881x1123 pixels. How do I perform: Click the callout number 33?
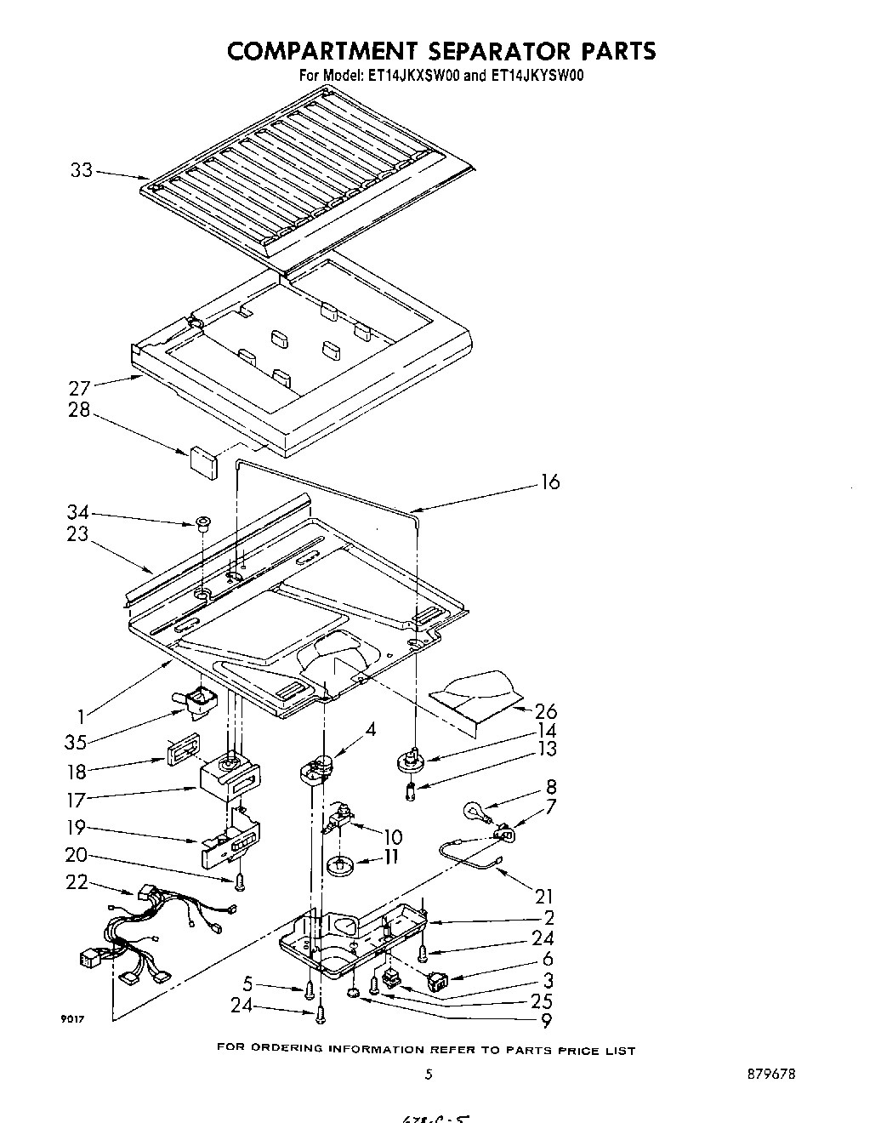point(81,170)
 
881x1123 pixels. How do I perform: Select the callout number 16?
point(550,482)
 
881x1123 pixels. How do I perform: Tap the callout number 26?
point(546,711)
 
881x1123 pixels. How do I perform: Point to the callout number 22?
point(77,882)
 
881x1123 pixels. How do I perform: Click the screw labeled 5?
point(310,988)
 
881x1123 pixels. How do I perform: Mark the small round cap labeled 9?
point(354,994)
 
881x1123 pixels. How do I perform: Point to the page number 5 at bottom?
point(429,1074)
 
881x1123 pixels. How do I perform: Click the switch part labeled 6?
point(439,982)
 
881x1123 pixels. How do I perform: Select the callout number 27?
point(79,388)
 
